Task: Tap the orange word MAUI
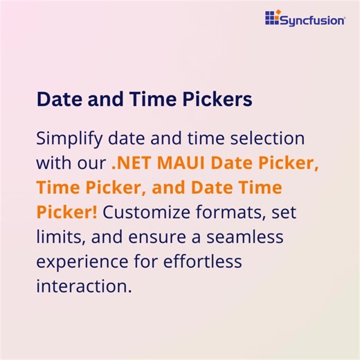183,164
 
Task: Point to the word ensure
156,238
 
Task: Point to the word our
93,164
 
